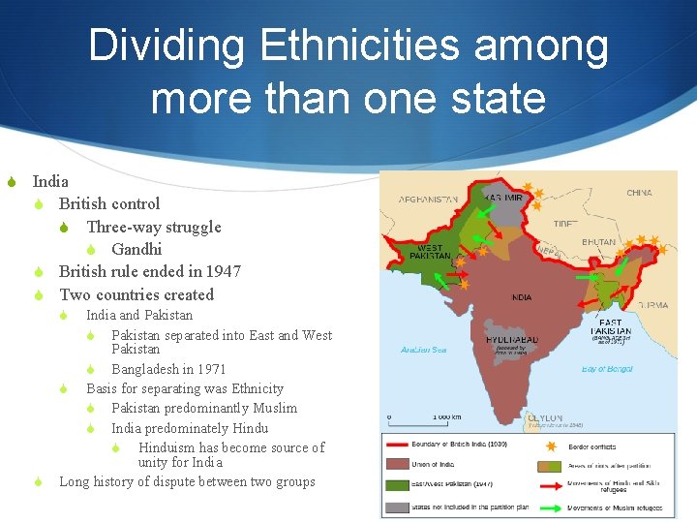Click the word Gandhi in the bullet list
(x=136, y=249)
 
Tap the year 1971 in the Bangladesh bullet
(x=210, y=369)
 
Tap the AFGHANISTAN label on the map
(x=428, y=200)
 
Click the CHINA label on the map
(x=639, y=193)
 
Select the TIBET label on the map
(x=565, y=223)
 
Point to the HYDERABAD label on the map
(x=512, y=341)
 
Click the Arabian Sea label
(x=424, y=350)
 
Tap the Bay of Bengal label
(x=607, y=368)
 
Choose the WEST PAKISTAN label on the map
(x=431, y=252)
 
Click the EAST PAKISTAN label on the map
(x=611, y=326)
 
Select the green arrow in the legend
(x=554, y=506)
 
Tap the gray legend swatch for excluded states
(x=398, y=506)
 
